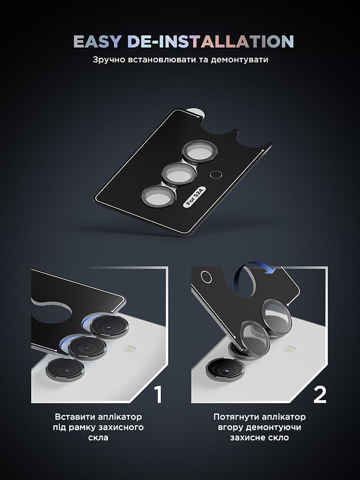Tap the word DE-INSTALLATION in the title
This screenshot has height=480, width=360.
[x=210, y=41]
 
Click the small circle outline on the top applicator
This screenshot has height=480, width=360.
[x=217, y=175]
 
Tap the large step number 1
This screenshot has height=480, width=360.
[x=157, y=394]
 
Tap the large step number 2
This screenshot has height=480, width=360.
[x=320, y=394]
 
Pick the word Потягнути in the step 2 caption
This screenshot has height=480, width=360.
[x=235, y=416]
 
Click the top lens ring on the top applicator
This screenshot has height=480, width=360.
[x=198, y=151]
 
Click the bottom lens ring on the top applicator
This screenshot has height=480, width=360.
[x=157, y=197]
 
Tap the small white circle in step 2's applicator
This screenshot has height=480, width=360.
[x=206, y=277]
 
